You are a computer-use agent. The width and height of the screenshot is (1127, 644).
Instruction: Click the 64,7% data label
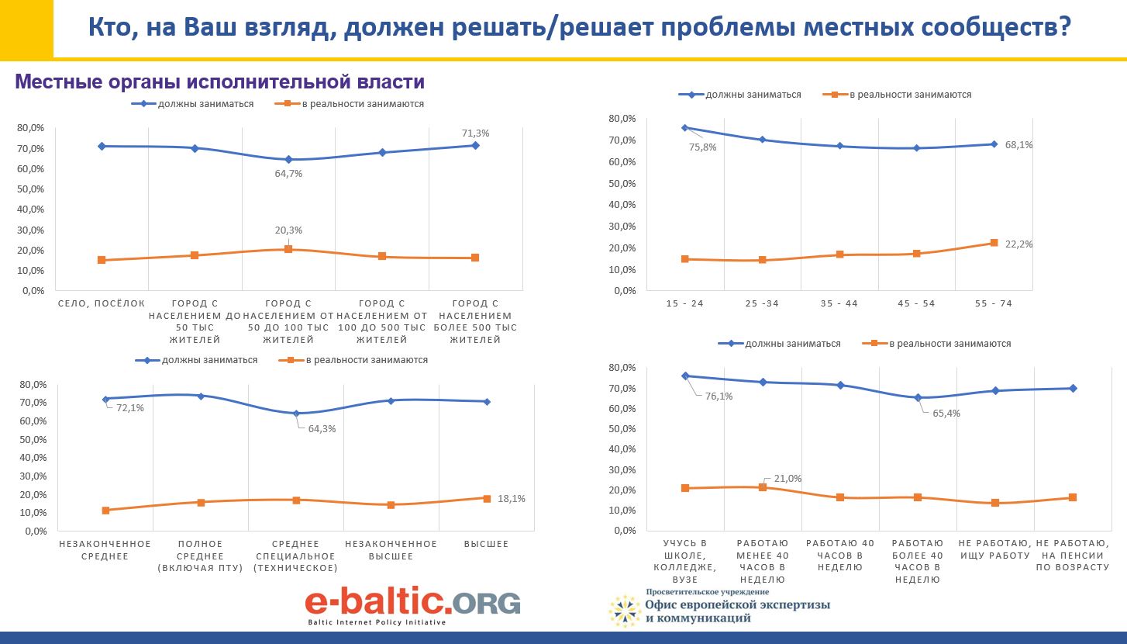coord(288,174)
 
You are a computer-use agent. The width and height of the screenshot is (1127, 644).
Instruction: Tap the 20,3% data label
coord(288,230)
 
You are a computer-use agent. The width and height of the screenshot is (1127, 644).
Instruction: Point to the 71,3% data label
coord(475,133)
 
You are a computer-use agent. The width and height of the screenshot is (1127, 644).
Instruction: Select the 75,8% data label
coord(701,147)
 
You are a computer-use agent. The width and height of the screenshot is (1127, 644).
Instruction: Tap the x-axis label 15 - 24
coord(685,303)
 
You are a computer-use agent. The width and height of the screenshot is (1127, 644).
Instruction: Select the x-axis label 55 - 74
coord(994,303)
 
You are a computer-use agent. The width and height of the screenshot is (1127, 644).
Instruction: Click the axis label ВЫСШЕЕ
coord(486,544)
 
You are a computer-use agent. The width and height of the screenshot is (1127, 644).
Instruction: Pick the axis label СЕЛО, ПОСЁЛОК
coord(101,304)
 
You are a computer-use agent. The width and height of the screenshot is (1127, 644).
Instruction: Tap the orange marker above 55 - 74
coord(994,243)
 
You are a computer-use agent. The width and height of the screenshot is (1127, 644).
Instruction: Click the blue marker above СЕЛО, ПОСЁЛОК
coord(102,146)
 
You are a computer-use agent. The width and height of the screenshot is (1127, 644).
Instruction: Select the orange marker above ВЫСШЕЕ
coord(487,498)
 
